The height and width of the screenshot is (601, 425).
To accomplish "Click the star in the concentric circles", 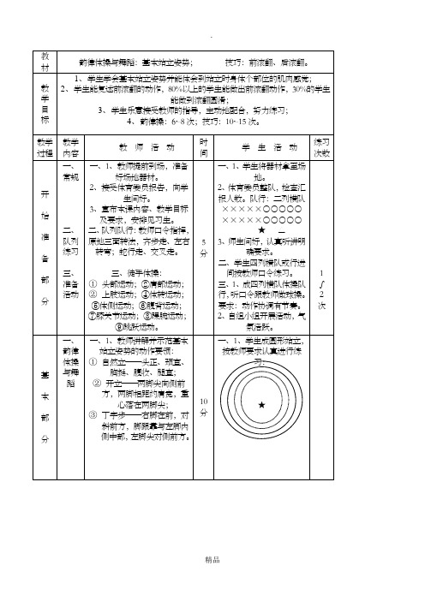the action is click(260, 403).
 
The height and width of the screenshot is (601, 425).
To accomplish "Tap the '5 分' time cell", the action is click(203, 249).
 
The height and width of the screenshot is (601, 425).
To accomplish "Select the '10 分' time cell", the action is click(203, 407).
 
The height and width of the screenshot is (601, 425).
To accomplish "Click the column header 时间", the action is click(203, 146).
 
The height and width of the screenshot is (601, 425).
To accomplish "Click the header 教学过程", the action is click(45, 146).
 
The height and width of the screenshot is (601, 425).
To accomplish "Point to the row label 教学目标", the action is click(45, 104).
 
